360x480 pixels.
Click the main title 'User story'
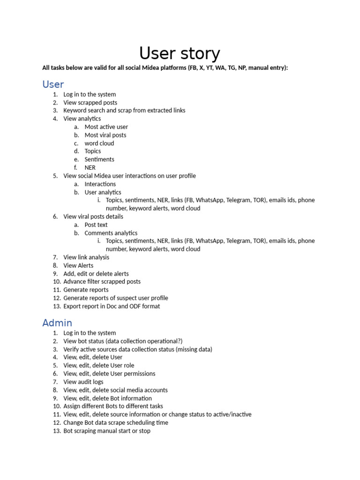click(x=180, y=53)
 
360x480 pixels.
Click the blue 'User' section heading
click(x=53, y=84)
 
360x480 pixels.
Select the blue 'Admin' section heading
click(x=57, y=323)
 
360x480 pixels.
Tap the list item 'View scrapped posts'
click(x=90, y=103)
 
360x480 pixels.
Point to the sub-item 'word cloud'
click(x=99, y=143)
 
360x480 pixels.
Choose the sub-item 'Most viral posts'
click(x=105, y=135)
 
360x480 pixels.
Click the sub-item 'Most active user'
click(x=106, y=127)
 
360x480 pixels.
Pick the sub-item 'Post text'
click(x=96, y=225)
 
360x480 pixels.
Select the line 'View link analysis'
click(x=86, y=257)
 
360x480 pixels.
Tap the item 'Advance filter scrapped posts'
click(x=102, y=282)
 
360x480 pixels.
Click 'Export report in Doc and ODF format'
click(x=112, y=306)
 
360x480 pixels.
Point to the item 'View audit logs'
click(x=83, y=382)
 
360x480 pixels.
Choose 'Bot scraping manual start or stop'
click(x=107, y=431)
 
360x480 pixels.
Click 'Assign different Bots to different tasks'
click(x=113, y=406)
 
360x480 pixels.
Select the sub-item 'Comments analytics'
click(x=111, y=233)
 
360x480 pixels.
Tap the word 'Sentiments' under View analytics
click(x=99, y=159)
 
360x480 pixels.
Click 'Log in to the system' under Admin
click(x=90, y=333)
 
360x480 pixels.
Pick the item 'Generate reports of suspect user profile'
click(x=115, y=298)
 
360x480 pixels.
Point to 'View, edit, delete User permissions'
click(x=109, y=374)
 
